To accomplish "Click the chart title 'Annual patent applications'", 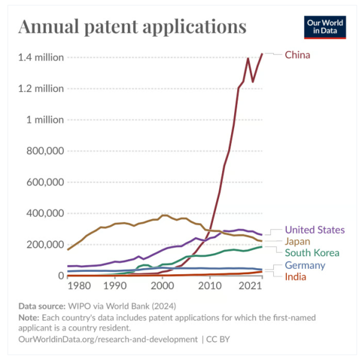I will tap(133, 27).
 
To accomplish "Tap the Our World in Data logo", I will tap(325, 27).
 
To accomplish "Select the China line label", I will tap(297, 55).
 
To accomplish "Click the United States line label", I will tap(315, 230).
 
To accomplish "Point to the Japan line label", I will tap(298, 241).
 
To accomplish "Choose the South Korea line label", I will tap(312, 253).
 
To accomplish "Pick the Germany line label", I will tap(305, 265).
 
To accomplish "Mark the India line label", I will tap(296, 277).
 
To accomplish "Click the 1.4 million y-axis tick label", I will tap(41, 58).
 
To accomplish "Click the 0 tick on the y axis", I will tap(61, 276).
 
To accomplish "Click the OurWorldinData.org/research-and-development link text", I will tap(108, 339).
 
